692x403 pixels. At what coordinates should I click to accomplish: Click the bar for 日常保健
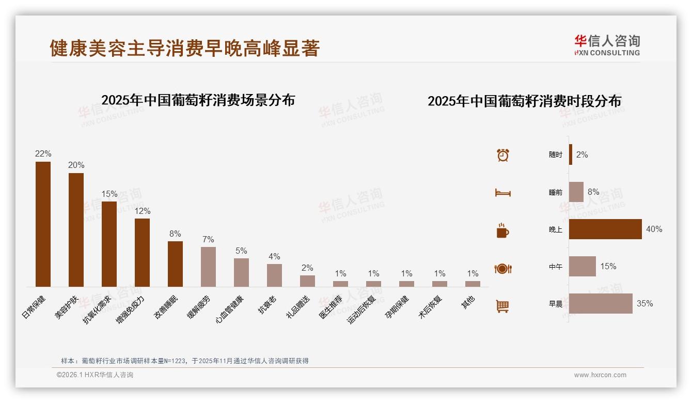coord(43,224)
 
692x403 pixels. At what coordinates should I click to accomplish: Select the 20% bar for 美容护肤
coord(76,229)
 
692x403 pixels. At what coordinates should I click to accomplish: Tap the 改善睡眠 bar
coord(175,263)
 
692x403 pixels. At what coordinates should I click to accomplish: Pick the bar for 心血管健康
coord(241,272)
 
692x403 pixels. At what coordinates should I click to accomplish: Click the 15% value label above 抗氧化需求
coord(109,194)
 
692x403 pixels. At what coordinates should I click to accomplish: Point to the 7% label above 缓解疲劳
coord(208,240)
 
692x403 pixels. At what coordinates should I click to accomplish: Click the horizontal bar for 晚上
coord(605,229)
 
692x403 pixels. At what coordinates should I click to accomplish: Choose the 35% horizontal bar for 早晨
coord(601,303)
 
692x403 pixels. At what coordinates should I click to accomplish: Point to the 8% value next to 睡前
coord(593,192)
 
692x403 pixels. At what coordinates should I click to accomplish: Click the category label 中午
coord(556,267)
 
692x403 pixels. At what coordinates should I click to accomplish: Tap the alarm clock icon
coord(503,154)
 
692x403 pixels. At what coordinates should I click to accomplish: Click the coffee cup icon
coord(502,230)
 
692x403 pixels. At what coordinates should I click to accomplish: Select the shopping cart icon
coord(502,306)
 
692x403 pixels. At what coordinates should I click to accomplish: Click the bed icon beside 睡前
coord(502,193)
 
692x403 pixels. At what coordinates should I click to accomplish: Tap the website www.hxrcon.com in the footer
coord(600,375)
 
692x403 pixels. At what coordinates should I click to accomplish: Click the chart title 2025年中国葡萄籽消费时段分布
coord(524,101)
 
